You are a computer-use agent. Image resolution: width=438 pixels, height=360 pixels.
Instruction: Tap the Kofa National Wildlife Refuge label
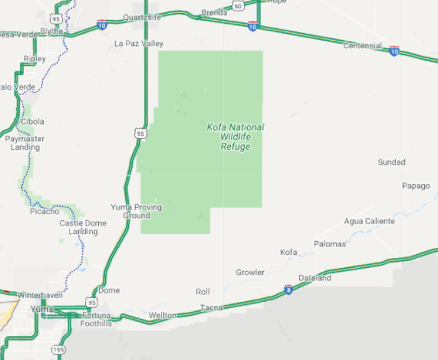coord(235,136)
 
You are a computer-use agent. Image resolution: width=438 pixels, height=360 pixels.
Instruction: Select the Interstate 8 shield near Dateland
coord(288,289)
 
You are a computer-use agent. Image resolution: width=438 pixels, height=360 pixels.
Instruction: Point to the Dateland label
coord(315,278)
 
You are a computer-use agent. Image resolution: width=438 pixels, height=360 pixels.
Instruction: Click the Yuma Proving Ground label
coord(136,211)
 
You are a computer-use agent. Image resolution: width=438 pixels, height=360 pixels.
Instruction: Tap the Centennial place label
coord(362,46)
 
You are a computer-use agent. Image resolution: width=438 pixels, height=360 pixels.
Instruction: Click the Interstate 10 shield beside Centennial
coord(394,50)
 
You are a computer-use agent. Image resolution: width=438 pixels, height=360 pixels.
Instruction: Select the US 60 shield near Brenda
coord(238,6)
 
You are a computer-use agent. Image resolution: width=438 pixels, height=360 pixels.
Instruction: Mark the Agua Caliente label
coord(369,221)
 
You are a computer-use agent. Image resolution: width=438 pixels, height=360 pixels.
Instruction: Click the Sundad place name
coord(391,162)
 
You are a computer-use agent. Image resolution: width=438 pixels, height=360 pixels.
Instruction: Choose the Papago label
coord(415,186)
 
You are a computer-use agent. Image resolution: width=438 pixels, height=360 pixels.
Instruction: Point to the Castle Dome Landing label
coord(83,227)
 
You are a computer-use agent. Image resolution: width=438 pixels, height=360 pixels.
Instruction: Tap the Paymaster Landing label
coord(25,143)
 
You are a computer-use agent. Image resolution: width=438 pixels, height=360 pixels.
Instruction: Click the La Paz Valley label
coord(139,44)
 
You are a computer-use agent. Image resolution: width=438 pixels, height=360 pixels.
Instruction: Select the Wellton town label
coord(163,315)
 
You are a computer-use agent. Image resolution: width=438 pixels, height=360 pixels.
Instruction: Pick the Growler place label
coord(250,272)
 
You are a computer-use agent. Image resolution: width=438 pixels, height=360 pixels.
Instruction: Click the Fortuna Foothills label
coord(96,319)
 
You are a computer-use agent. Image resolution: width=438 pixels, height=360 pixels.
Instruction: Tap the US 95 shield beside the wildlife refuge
coord(140,133)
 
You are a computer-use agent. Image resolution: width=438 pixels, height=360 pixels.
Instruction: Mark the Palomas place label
coord(329,244)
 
